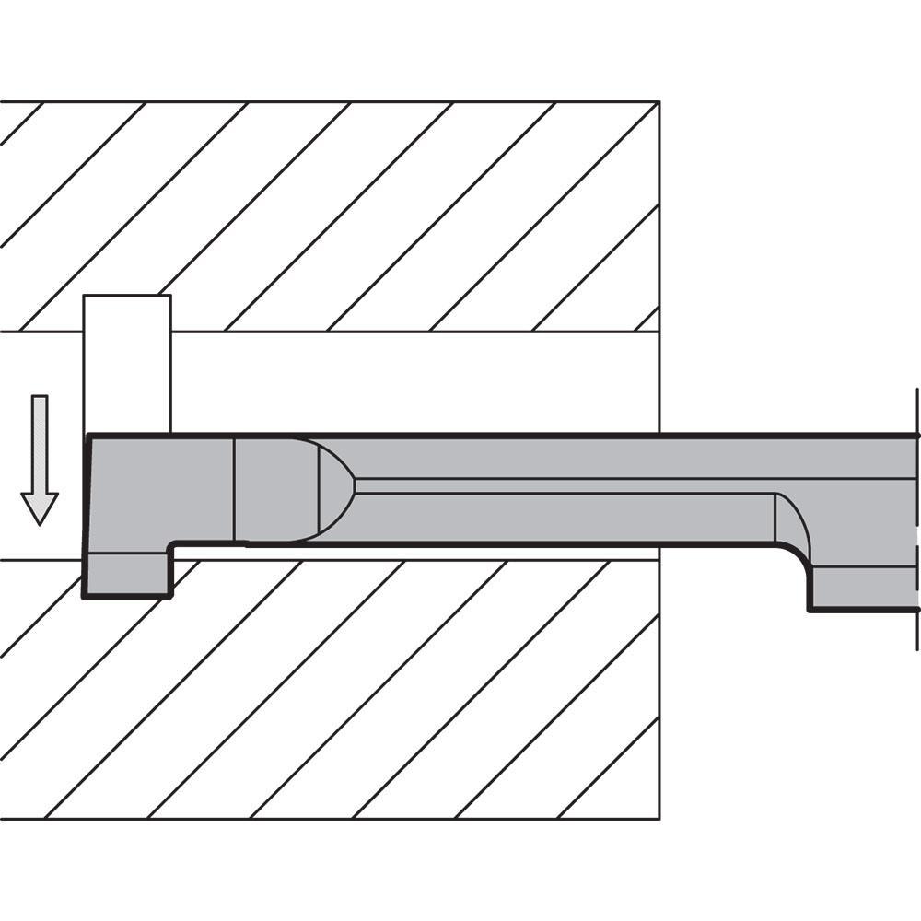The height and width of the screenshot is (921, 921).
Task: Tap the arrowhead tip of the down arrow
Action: [x=40, y=523]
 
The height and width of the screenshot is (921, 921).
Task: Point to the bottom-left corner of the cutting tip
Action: [x=85, y=596]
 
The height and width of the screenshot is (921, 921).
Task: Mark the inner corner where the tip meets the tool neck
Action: [x=170, y=545]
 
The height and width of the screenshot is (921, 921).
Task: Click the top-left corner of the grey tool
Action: [x=88, y=435]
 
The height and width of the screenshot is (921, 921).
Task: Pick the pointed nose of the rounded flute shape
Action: [x=355, y=486]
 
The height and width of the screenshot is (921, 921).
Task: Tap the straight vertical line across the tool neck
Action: [x=235, y=488]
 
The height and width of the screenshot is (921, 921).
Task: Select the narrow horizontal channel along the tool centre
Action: [x=562, y=486]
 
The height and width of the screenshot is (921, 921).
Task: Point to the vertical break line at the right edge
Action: [x=916, y=516]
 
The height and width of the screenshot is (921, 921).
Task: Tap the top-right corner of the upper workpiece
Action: [x=659, y=102]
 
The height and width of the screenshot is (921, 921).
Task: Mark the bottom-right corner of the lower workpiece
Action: [x=659, y=818]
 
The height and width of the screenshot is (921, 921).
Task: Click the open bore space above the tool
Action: [x=414, y=382]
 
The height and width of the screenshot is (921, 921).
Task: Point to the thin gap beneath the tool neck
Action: [x=414, y=553]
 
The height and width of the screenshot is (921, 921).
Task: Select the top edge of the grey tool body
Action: [x=507, y=434]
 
